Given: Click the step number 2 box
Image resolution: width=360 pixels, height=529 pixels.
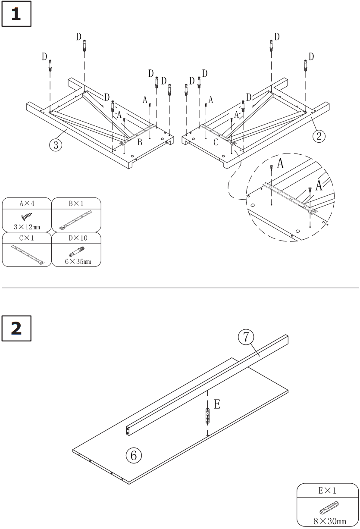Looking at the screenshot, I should [x=16, y=329].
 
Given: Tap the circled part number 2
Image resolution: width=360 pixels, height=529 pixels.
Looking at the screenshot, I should [x=318, y=136].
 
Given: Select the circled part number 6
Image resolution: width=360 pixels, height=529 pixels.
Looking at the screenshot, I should [x=134, y=454].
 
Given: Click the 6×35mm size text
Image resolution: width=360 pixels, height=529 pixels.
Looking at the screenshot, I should [x=76, y=261].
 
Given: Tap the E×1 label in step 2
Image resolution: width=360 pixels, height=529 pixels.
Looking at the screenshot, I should [x=328, y=490].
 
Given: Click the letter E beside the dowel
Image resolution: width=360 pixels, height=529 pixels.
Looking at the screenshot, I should [x=217, y=404].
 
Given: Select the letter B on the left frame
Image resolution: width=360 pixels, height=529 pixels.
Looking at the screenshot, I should [x=140, y=143].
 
